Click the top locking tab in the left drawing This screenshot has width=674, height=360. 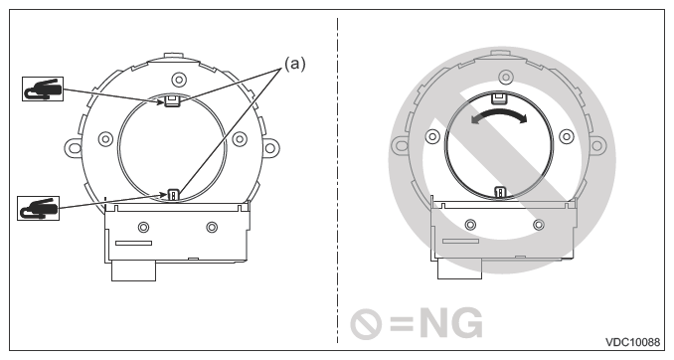point(173,99)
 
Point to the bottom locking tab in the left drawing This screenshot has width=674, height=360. point(173,194)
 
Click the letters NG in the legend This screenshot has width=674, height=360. point(448,324)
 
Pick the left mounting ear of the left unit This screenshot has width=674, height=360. point(75,148)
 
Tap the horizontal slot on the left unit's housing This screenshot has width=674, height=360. point(133,242)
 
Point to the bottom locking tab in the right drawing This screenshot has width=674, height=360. point(500,192)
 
